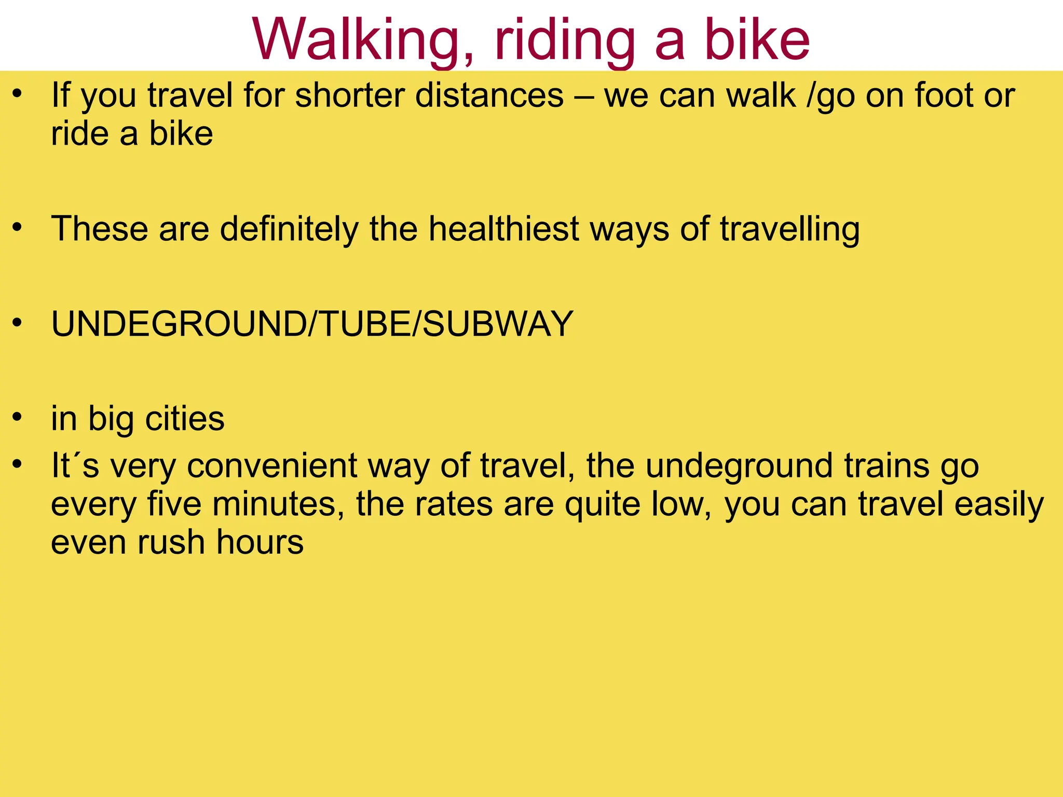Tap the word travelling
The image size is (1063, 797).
[x=789, y=229]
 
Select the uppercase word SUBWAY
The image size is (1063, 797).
[x=497, y=324]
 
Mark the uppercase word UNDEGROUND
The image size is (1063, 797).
[x=179, y=324]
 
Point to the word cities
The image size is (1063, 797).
[x=185, y=418]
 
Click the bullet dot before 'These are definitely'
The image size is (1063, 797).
[x=18, y=227]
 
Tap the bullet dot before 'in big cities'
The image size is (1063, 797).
[x=18, y=417]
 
